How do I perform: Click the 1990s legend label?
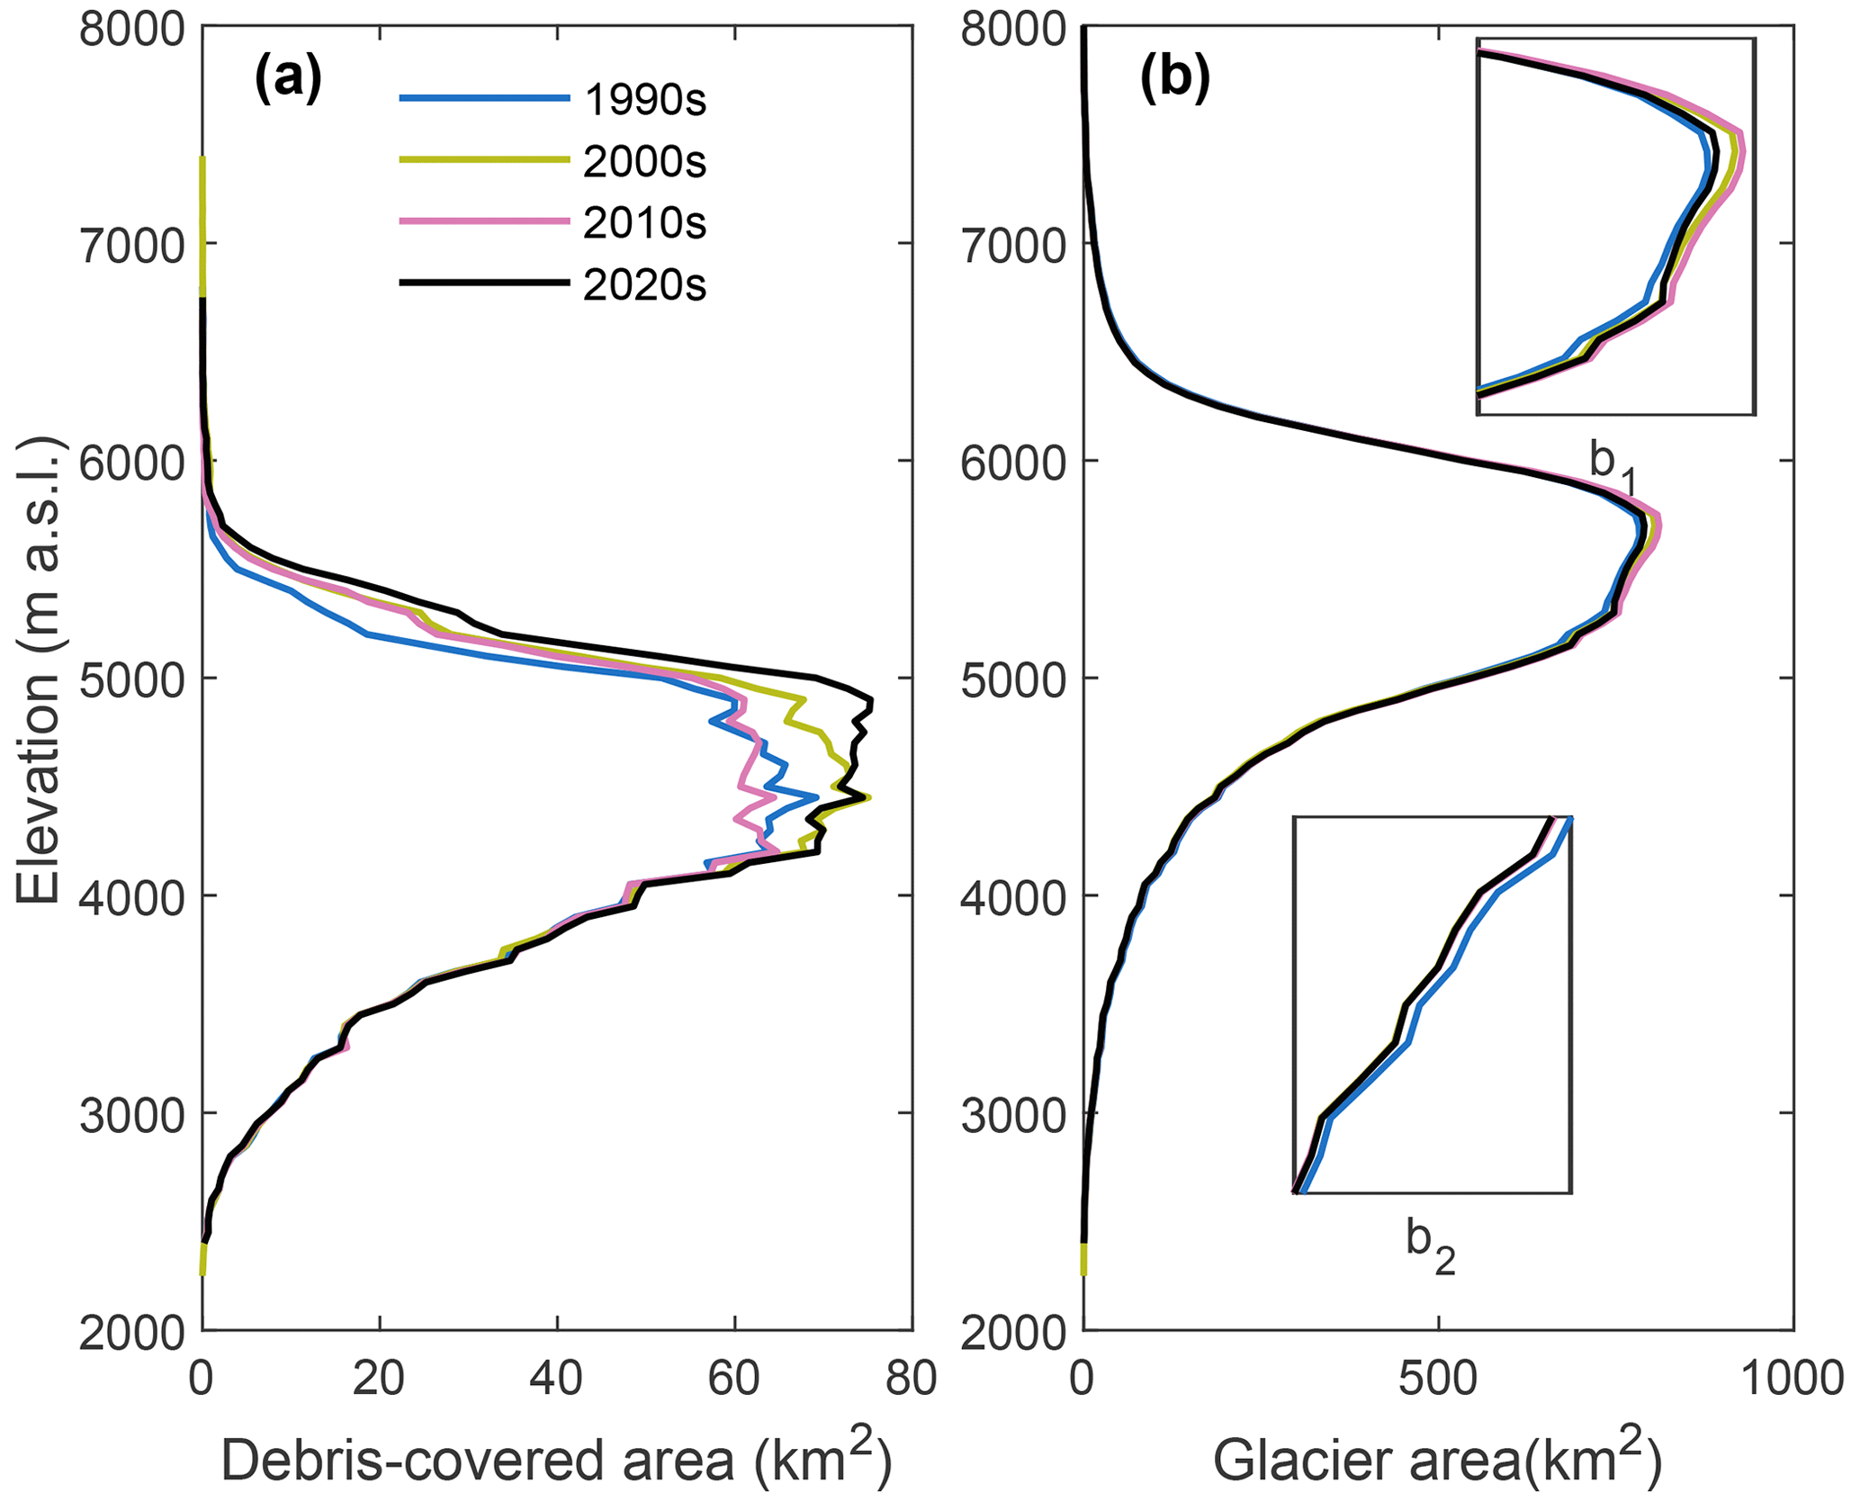tap(644, 100)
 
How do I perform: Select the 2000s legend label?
tap(644, 162)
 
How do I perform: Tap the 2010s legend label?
tap(644, 223)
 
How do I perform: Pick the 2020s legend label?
tap(644, 285)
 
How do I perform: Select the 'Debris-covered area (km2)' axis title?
tap(556, 1460)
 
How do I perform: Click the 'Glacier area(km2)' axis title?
tap(1437, 1460)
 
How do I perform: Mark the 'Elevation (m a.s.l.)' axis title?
tap(38, 670)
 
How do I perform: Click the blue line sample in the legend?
tap(484, 98)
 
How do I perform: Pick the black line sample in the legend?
tap(484, 283)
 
